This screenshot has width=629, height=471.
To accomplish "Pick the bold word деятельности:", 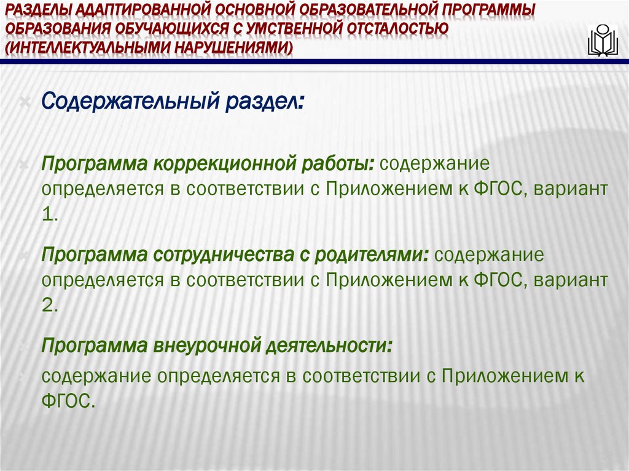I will (x=330, y=346).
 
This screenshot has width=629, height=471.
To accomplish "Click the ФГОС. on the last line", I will (x=69, y=401).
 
